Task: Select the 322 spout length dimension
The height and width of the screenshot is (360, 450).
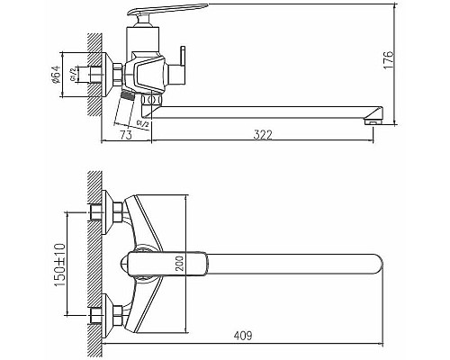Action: pos(263,135)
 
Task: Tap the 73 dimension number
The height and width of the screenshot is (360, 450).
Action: pos(127,135)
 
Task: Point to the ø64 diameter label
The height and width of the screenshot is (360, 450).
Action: pos(56,79)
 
